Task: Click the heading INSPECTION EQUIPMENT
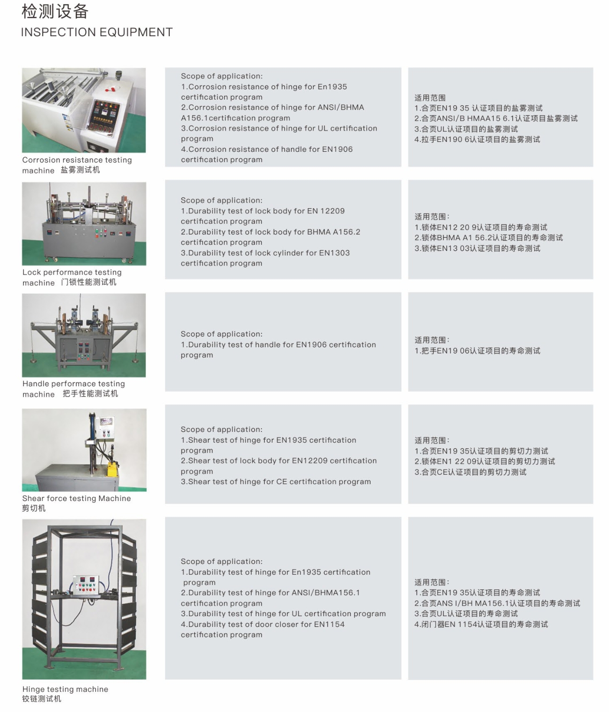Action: coord(96,32)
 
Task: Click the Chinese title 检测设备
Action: coord(55,11)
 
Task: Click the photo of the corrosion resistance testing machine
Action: coord(84,110)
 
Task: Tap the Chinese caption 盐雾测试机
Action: coord(80,170)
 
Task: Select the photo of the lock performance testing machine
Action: coord(84,224)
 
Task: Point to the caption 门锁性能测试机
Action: coord(88,282)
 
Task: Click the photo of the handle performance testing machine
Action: coord(84,335)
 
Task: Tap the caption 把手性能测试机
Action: coord(90,394)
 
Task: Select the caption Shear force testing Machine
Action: coord(77,498)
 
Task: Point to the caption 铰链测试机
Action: coord(42,699)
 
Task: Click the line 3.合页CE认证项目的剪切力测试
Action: coord(470,472)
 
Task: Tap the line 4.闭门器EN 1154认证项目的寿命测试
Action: coord(481,625)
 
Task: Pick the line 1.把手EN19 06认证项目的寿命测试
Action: coord(477,351)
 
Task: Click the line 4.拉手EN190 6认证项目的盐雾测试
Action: coord(477,140)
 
